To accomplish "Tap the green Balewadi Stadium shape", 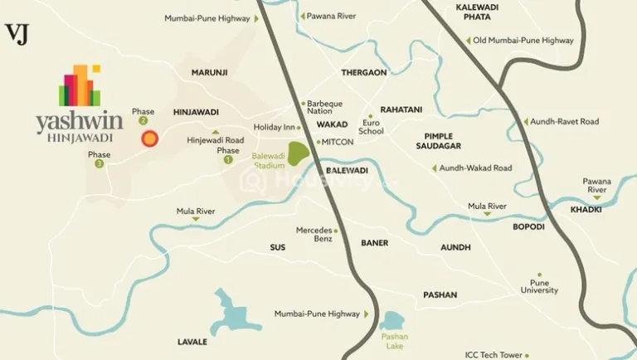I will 299,153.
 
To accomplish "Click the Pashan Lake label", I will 394,341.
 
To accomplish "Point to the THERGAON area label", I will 364,72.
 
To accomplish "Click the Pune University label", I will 539,286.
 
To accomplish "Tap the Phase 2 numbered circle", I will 143,120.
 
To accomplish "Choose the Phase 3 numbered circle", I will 100,163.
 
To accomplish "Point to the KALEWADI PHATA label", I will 477,12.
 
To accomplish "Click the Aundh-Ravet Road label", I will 565,122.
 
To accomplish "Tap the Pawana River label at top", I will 331,16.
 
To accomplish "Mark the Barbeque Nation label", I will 325,107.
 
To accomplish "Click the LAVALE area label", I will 192,342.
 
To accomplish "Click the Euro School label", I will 372,126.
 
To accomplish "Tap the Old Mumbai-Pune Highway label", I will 523,40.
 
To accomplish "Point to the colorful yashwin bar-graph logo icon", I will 80,85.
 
